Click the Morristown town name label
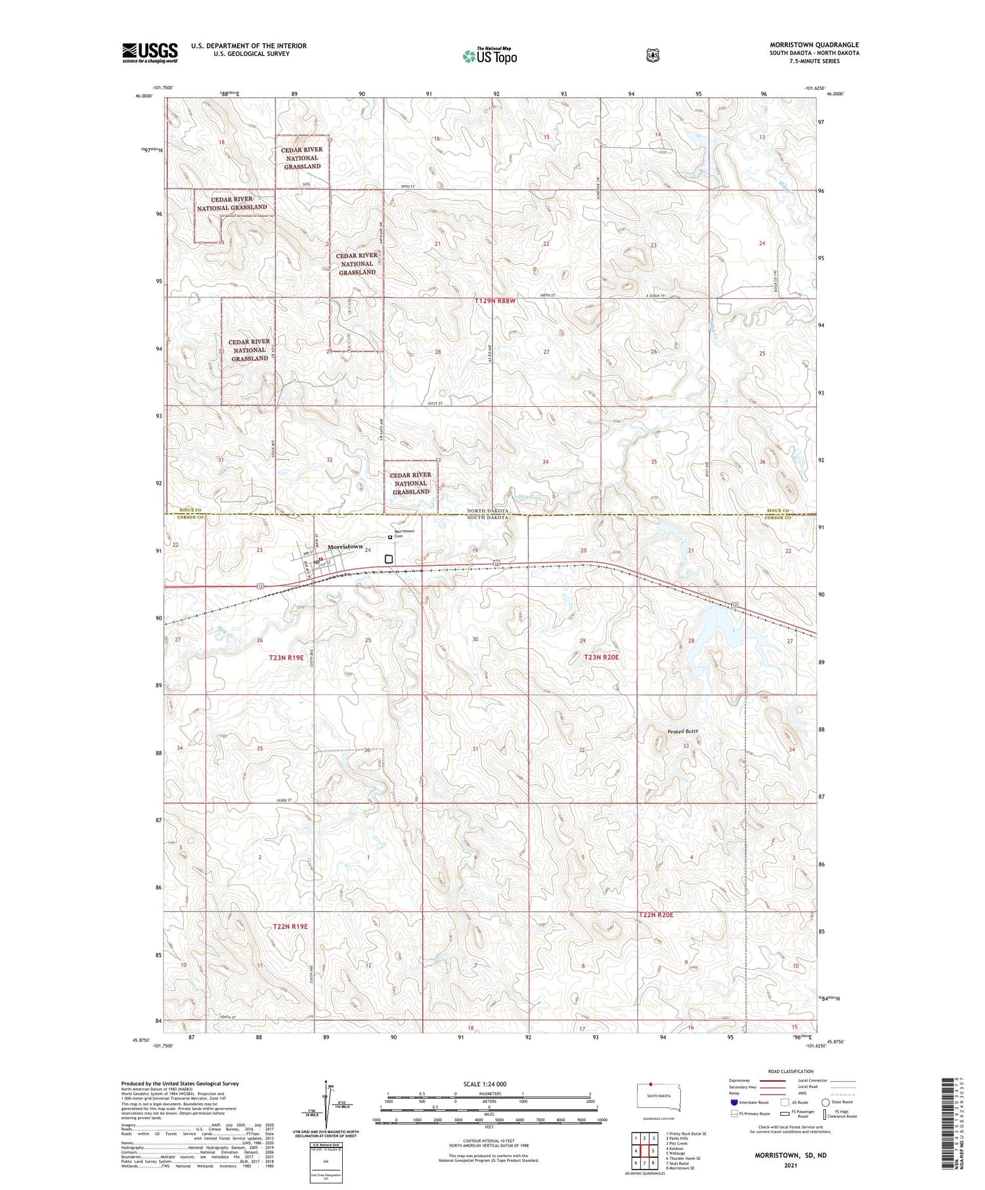click(x=345, y=547)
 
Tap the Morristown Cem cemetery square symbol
click(x=390, y=537)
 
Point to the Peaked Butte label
click(x=682, y=731)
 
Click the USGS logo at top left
click(x=150, y=53)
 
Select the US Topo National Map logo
click(x=489, y=56)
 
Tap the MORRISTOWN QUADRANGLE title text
click(x=814, y=45)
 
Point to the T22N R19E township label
click(x=290, y=926)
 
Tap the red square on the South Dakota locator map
click(x=651, y=1084)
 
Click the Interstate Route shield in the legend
click(x=734, y=1103)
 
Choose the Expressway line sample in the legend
click(x=773, y=1080)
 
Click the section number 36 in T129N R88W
click(x=762, y=462)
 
